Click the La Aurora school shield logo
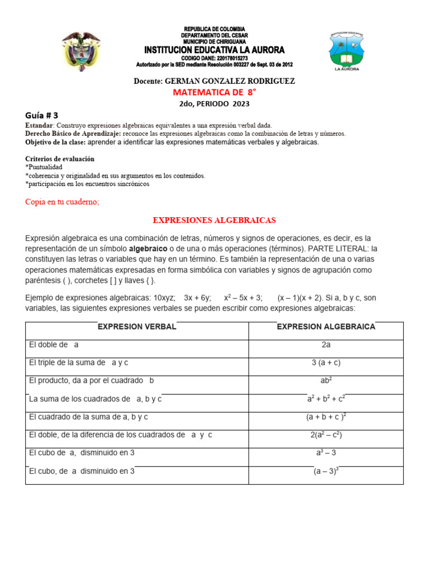coord(346,51)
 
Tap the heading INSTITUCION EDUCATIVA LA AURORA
coord(214,50)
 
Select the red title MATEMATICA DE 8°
coord(214,92)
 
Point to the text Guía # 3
coord(42,115)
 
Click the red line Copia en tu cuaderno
coord(62,202)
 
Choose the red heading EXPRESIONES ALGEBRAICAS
coord(214,220)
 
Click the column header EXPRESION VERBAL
coord(137,327)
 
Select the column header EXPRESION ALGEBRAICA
coord(326,327)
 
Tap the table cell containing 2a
coord(326,345)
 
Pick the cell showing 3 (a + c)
coord(326,363)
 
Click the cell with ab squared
coord(326,381)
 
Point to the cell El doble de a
coord(54,345)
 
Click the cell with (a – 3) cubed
coord(326,471)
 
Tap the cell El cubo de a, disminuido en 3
coord(82,453)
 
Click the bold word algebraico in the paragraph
coord(148,247)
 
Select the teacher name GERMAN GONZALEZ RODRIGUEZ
coord(230,82)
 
